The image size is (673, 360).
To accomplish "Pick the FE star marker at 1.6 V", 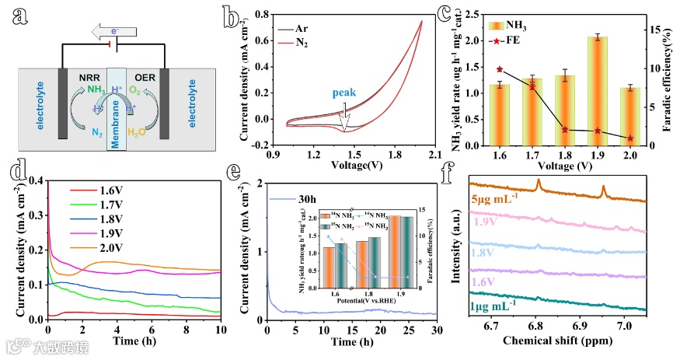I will click(500, 69).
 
